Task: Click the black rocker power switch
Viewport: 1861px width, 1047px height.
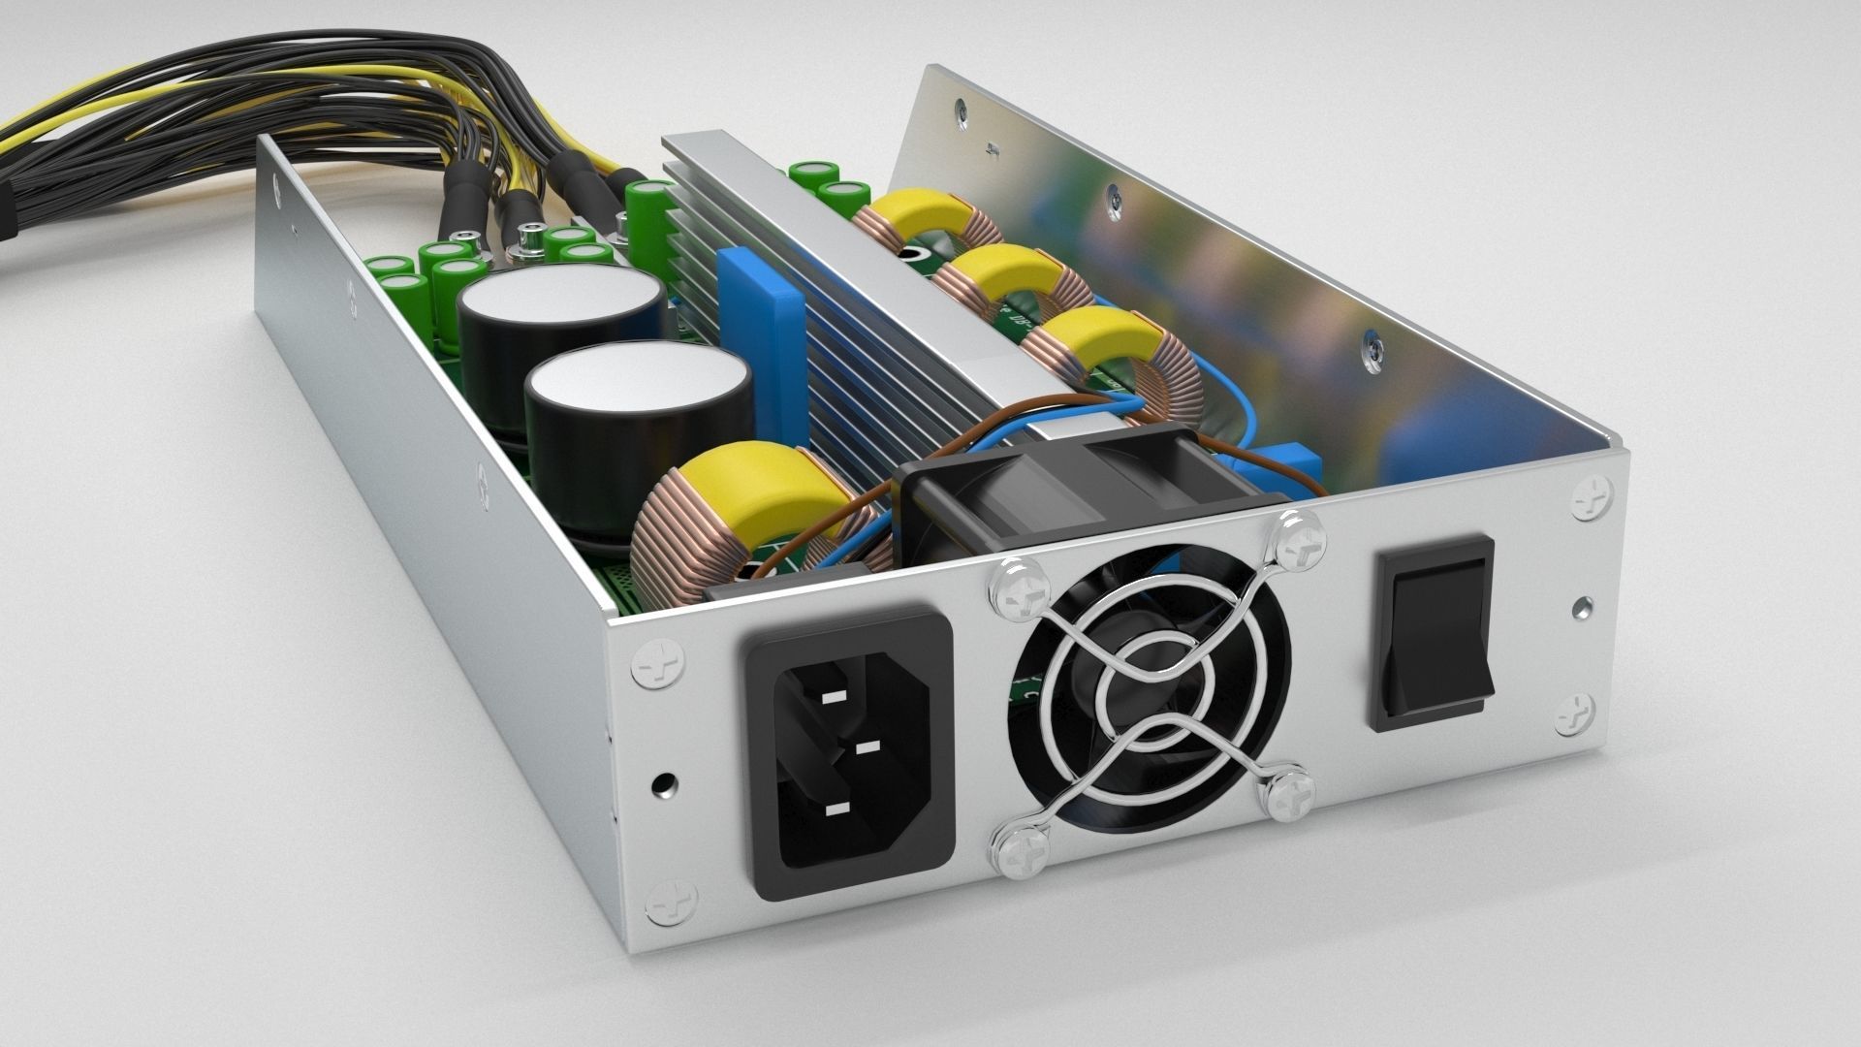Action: pyautogui.click(x=1432, y=630)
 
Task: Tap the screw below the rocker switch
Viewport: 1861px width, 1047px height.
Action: pyautogui.click(x=1575, y=715)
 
